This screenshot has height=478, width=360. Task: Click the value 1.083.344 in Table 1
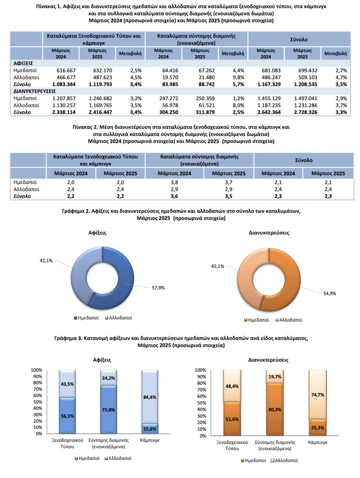tap(64, 84)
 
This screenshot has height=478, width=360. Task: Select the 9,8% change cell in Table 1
tap(238, 77)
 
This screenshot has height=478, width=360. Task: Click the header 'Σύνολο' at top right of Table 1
tap(299, 39)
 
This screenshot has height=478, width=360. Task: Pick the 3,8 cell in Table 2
tap(174, 182)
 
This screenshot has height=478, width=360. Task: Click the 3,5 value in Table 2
tap(229, 196)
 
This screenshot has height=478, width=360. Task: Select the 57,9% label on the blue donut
tap(158, 288)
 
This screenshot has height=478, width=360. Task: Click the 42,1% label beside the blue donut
tap(46, 260)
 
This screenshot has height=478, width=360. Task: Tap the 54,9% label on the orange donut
tap(330, 293)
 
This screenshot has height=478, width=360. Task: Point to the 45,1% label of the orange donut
tap(217, 266)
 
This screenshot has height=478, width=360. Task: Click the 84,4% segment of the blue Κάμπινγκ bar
tap(150, 397)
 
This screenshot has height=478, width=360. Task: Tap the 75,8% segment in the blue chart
tap(108, 410)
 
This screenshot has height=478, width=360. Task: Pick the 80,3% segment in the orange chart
tap(275, 409)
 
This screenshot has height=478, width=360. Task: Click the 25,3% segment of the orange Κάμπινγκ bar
tap(318, 427)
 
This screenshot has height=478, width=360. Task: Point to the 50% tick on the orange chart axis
tap(201, 403)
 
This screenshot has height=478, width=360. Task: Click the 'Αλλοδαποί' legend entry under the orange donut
tap(289, 320)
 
